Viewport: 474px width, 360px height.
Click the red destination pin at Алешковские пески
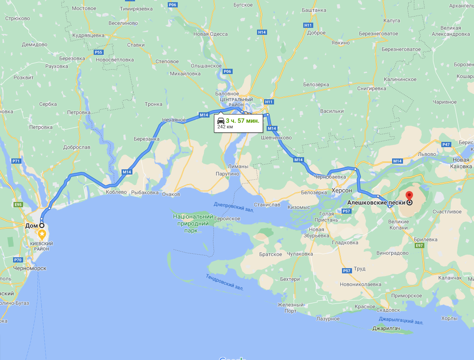point(409,195)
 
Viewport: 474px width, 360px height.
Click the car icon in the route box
point(221,121)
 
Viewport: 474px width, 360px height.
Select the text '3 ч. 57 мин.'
point(242,121)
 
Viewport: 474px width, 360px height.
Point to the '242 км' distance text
point(225,127)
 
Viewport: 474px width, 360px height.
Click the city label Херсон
point(342,191)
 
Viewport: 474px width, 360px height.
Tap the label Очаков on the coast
point(170,194)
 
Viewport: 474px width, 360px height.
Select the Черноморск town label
point(30,268)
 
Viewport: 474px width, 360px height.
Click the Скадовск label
point(389,310)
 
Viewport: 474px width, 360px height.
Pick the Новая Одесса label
point(210,34)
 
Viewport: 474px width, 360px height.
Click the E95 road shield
point(18,205)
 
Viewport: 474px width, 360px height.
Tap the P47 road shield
point(446,145)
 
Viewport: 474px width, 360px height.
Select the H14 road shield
point(262,32)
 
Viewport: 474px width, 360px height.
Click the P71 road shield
point(17,161)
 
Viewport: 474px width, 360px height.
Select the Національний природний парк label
point(193,223)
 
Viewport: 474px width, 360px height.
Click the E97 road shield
point(420,246)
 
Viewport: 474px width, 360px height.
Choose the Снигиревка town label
point(371,88)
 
